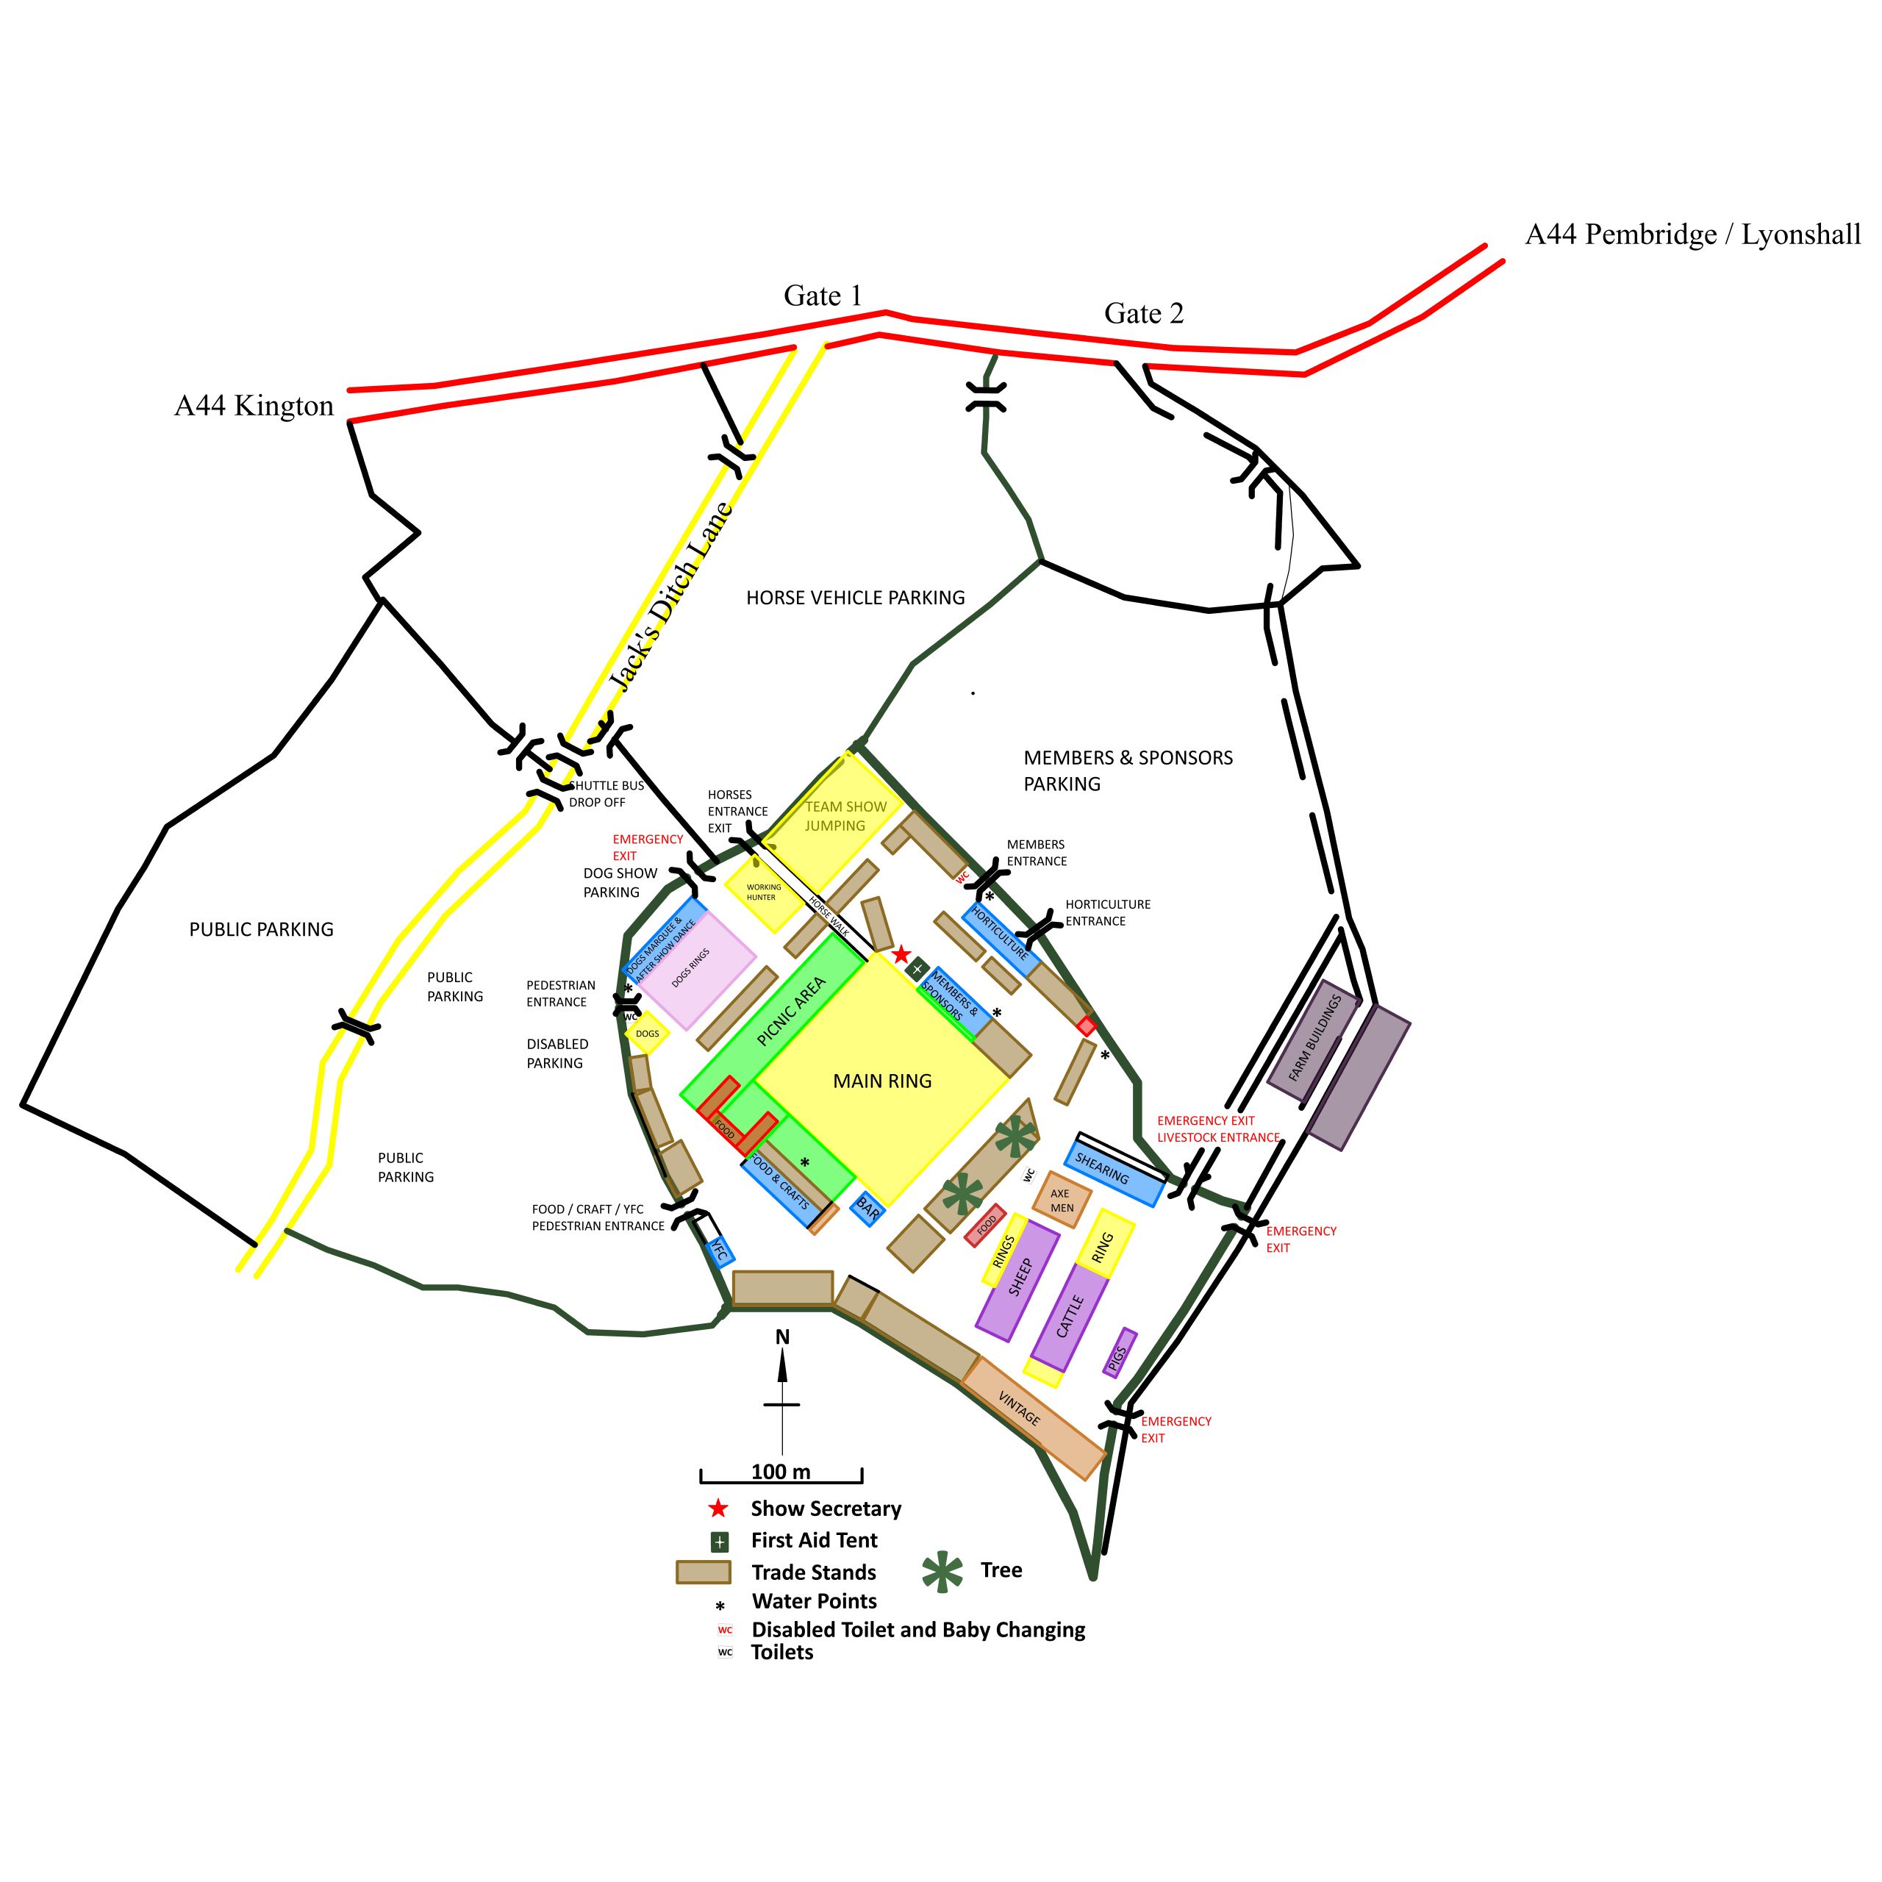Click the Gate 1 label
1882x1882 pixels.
(x=823, y=296)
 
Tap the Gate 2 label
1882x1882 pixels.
(x=1144, y=314)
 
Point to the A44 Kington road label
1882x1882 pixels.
(x=254, y=407)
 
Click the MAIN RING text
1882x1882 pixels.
(x=881, y=1080)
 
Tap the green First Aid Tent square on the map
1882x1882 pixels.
(x=917, y=968)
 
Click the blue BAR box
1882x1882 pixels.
(x=867, y=1209)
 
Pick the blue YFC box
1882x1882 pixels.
(x=718, y=1251)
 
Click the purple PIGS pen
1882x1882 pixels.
(x=1119, y=1352)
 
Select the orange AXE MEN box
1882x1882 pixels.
(x=1061, y=1200)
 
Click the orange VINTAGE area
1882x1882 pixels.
(x=1033, y=1417)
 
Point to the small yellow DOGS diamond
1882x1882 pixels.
(x=648, y=1034)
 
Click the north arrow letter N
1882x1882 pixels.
(x=782, y=1337)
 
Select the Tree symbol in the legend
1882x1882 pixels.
(x=942, y=1570)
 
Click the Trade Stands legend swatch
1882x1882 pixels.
(x=704, y=1572)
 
